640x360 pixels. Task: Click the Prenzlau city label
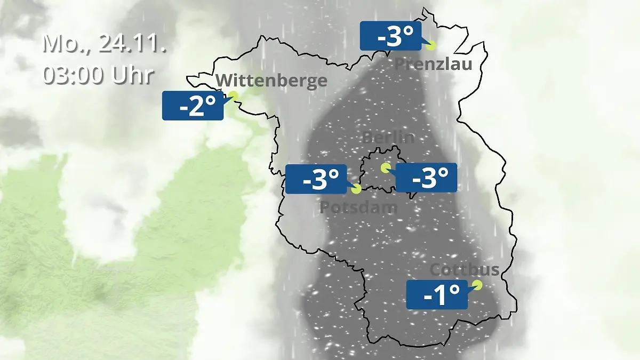click(433, 65)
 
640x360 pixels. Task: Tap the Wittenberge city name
click(271, 81)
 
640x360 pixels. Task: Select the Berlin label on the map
click(388, 137)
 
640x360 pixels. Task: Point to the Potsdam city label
click(358, 207)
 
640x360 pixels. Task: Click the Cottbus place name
click(465, 269)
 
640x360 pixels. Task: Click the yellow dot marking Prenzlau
click(431, 45)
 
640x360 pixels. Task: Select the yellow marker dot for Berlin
click(385, 168)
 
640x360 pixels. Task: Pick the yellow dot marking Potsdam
click(356, 188)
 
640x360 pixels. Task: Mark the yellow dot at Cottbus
click(477, 285)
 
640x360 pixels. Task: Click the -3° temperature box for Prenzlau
click(390, 36)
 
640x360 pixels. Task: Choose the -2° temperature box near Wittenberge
click(193, 105)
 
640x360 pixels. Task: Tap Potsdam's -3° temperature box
click(316, 179)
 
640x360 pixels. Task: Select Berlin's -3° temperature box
click(426, 178)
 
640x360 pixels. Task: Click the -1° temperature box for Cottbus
click(437, 294)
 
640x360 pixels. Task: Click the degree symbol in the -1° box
click(454, 290)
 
